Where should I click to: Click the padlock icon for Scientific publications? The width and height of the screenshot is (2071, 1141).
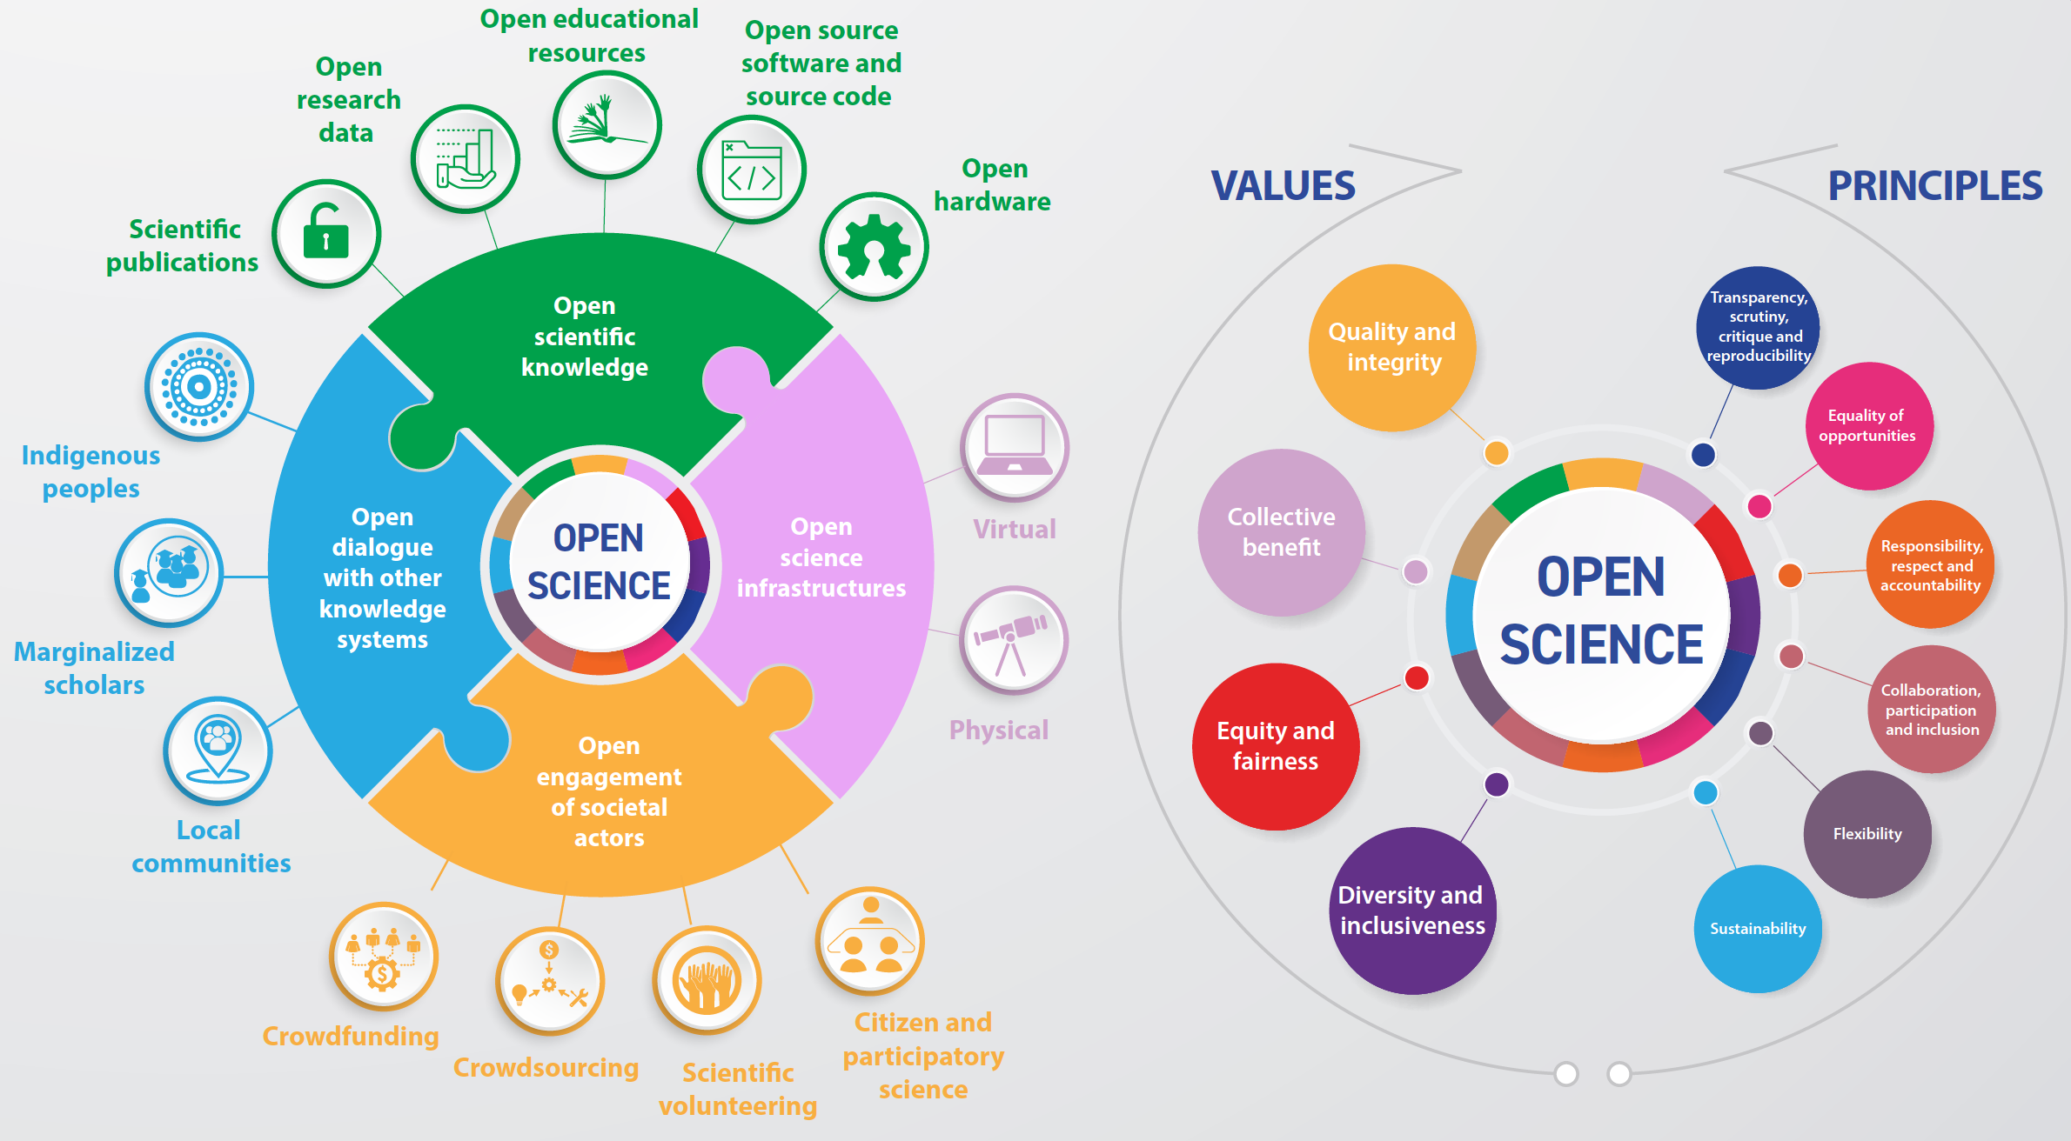(326, 234)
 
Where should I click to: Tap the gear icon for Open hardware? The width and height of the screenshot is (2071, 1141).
(874, 247)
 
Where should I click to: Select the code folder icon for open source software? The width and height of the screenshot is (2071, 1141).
(752, 170)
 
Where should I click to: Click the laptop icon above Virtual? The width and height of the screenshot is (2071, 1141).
(1014, 447)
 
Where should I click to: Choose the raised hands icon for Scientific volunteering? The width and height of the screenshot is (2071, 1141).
(707, 980)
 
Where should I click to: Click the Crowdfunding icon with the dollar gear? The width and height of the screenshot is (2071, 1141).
(383, 957)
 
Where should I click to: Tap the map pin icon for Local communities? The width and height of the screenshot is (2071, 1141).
(218, 751)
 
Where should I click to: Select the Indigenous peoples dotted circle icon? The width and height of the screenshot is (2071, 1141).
(199, 387)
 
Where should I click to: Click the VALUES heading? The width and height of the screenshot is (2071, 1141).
(1283, 186)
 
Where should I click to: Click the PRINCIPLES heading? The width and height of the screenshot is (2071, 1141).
(1934, 186)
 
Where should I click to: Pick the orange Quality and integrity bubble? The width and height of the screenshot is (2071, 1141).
(1392, 347)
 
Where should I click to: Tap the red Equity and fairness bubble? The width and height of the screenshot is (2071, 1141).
(1276, 746)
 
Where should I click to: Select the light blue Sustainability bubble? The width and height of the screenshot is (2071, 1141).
(1758, 929)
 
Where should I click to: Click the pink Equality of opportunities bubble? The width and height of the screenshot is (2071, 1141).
(1867, 425)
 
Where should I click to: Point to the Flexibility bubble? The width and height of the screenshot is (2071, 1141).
(1867, 834)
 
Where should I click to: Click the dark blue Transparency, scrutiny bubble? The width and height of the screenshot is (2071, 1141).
(1758, 327)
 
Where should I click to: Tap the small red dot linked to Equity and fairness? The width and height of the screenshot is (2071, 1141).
(1417, 677)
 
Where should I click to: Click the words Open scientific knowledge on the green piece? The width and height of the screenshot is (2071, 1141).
(585, 337)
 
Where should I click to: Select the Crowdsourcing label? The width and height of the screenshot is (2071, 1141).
(546, 1067)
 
